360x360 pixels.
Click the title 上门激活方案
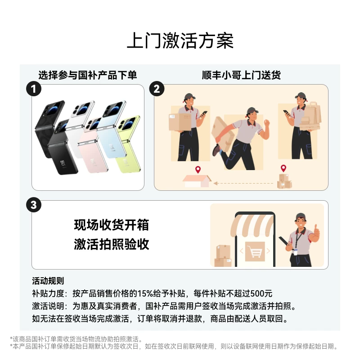[x=180, y=40]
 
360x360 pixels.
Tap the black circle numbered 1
[x=33, y=89]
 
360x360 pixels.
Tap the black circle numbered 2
[x=157, y=89]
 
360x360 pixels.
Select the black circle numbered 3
[x=33, y=205]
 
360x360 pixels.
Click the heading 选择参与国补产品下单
[x=88, y=75]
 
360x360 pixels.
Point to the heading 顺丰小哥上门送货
[x=241, y=75]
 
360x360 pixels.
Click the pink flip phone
[x=94, y=146]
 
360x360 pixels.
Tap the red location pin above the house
[x=198, y=170]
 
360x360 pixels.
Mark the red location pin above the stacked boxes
[x=283, y=168]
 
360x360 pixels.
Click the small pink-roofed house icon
[x=197, y=181]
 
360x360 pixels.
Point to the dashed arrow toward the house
[x=243, y=183]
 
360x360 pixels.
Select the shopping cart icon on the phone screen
[x=255, y=252]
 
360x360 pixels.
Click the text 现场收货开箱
[x=112, y=225]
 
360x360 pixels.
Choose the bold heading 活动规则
[x=48, y=281]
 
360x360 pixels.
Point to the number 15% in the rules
[x=145, y=293]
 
